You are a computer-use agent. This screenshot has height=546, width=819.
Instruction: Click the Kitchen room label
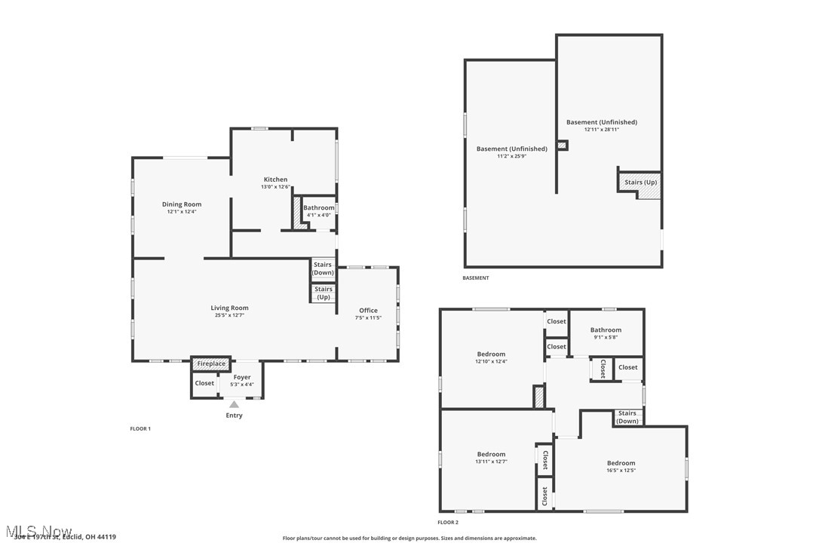point(275,179)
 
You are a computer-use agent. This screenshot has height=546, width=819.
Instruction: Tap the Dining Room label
point(182,204)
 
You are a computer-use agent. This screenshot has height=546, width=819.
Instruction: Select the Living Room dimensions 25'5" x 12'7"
point(229,315)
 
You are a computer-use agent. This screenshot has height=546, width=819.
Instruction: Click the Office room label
point(368,310)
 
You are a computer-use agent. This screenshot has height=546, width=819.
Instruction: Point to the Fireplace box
point(211,363)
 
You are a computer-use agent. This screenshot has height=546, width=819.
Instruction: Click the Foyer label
point(241,377)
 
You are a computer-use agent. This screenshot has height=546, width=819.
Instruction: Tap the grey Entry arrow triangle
point(235,405)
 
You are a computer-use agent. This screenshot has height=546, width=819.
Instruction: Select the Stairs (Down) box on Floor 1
point(323,268)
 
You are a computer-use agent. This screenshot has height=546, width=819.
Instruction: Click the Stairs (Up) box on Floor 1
point(323,293)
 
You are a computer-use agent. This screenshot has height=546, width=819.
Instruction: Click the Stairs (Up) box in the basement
point(640,183)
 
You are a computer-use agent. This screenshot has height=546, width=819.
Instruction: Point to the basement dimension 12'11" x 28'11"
point(601,130)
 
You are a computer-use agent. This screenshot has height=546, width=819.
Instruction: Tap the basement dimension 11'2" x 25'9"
point(511,156)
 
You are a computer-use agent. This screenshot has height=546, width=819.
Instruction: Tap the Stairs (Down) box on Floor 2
point(627,417)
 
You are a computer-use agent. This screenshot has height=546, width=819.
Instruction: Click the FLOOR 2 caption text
point(448,522)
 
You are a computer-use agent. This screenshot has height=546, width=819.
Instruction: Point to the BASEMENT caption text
point(475,278)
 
